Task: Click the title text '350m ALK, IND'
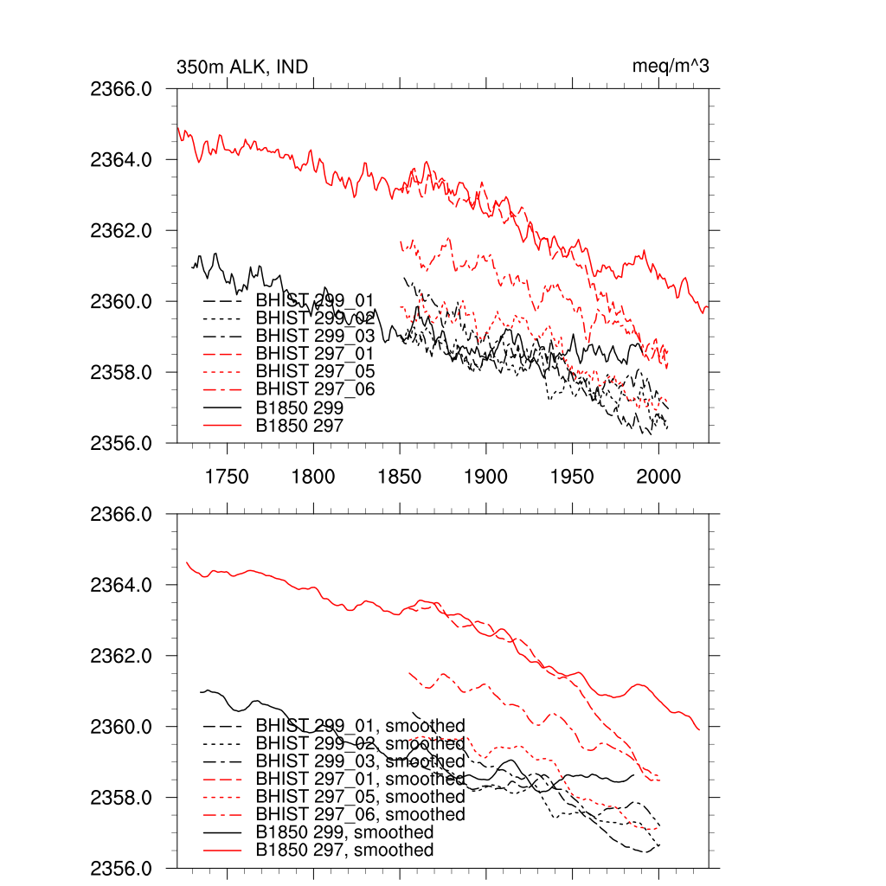click(241, 67)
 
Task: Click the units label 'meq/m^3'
click(671, 67)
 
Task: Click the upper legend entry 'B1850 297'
click(299, 426)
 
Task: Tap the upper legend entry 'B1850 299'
click(299, 408)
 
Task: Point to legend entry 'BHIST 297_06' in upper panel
click(315, 389)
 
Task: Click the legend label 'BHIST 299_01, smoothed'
click(360, 725)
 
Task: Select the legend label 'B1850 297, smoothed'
click(344, 851)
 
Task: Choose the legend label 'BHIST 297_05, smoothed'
click(360, 797)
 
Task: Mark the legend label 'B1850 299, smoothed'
click(344, 832)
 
